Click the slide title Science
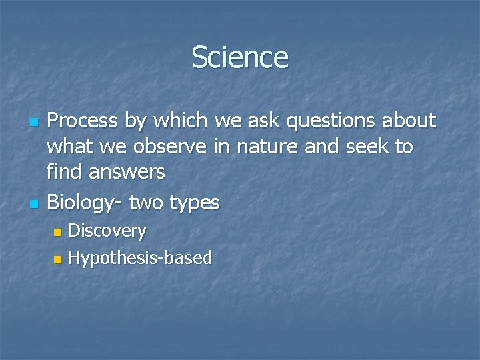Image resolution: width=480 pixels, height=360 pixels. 240,57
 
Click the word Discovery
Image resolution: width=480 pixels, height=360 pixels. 107,231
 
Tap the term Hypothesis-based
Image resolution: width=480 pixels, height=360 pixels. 140,257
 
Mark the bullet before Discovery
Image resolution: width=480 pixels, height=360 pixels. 57,233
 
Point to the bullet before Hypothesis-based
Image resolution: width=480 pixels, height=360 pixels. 57,259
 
